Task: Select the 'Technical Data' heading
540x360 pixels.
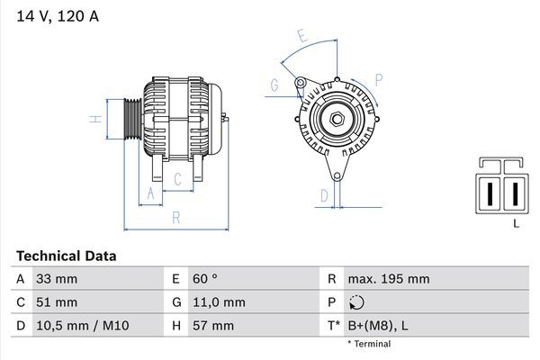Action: [66, 256]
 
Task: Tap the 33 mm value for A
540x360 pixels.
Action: [56, 279]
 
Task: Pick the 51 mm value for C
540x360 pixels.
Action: [56, 302]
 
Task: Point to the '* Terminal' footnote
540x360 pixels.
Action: [371, 344]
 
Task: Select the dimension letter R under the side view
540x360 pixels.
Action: [176, 217]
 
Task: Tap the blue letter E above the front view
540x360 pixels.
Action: [302, 38]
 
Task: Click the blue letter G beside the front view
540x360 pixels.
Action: [274, 85]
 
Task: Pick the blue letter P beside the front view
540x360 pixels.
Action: [379, 80]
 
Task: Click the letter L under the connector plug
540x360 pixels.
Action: [516, 223]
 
